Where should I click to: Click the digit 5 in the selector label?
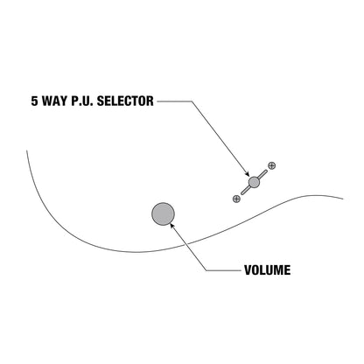click(x=35, y=101)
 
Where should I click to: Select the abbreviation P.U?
click(x=82, y=101)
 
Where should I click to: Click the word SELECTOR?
click(x=125, y=101)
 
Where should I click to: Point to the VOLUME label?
click(x=267, y=270)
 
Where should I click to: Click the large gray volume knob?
click(x=163, y=214)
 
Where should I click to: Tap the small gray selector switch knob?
click(x=254, y=182)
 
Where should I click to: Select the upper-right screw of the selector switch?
click(x=271, y=165)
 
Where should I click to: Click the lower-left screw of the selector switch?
click(x=236, y=199)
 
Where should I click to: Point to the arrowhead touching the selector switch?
click(x=247, y=174)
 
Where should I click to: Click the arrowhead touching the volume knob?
click(x=172, y=226)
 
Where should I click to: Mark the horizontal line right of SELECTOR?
click(x=174, y=101)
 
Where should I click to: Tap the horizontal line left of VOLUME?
click(x=224, y=270)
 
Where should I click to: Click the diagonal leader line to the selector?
click(x=220, y=138)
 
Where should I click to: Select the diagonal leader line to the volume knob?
click(x=189, y=248)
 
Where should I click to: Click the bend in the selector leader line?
click(x=192, y=101)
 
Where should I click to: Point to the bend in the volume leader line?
click(x=206, y=270)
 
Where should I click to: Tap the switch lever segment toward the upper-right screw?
click(x=262, y=174)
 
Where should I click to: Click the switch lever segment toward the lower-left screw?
click(x=245, y=190)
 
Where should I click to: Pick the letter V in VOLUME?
click(x=248, y=270)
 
